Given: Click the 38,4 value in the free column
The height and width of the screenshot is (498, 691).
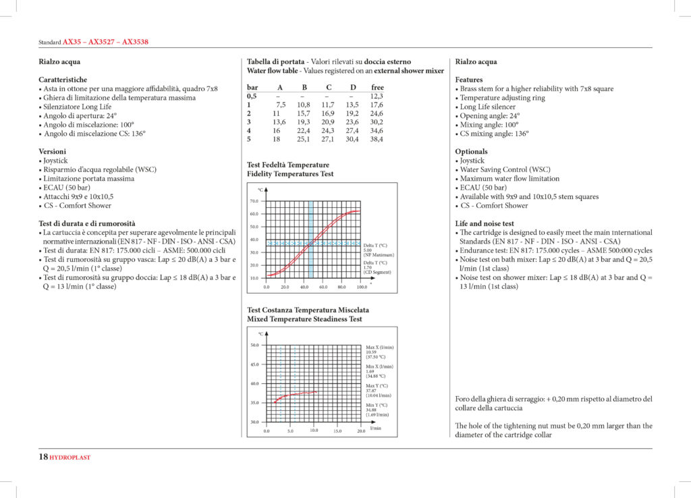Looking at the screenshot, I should tap(377, 140).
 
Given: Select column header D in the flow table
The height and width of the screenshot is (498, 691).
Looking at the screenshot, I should tap(353, 87).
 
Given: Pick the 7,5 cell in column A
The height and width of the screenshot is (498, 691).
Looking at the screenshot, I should tap(281, 105).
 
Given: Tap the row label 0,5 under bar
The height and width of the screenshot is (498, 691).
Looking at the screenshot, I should tap(252, 96).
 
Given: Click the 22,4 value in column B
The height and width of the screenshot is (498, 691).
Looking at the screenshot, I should tap(304, 131).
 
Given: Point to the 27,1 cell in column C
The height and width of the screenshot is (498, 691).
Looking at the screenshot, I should tap(329, 140).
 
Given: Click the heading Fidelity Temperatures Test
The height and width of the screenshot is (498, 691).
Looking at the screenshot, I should tap(290, 174).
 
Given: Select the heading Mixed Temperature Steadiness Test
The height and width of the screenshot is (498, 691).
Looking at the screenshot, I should tap(304, 319).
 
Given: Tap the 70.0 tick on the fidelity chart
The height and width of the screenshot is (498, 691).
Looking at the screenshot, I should tap(254, 201).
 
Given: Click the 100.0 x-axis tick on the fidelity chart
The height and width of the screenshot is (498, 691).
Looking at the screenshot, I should tap(362, 287).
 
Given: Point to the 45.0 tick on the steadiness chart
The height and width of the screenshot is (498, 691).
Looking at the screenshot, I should tap(254, 364).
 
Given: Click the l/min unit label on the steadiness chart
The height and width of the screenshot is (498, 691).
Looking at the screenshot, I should tap(376, 428).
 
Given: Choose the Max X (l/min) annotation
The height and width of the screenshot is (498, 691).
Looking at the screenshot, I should tap(379, 347).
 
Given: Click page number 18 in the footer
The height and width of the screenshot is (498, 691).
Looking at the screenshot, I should tap(43, 458).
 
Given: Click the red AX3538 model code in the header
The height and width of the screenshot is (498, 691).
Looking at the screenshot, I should tap(135, 42).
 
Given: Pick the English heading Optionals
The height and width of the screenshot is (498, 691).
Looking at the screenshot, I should tap(471, 152).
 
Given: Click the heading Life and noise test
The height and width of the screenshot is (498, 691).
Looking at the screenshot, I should tap(485, 223).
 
